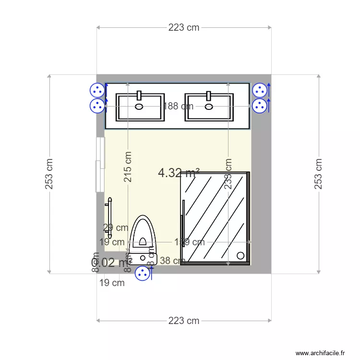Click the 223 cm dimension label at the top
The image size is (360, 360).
184,27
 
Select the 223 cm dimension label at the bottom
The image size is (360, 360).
184,321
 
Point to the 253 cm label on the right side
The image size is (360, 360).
318,174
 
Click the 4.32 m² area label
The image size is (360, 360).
179,173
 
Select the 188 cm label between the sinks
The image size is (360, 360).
178,106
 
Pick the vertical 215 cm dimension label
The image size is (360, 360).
128,167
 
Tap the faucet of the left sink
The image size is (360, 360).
140,95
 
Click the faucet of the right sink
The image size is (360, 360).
209,95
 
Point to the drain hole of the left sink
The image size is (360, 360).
140,107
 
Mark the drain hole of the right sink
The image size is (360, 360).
209,107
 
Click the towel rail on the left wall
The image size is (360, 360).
109,217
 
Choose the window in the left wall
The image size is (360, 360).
100,165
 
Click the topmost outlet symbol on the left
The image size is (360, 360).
97,90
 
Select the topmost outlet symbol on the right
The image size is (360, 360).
260,90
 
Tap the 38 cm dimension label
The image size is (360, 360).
172,261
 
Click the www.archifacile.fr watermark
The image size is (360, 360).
320,353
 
